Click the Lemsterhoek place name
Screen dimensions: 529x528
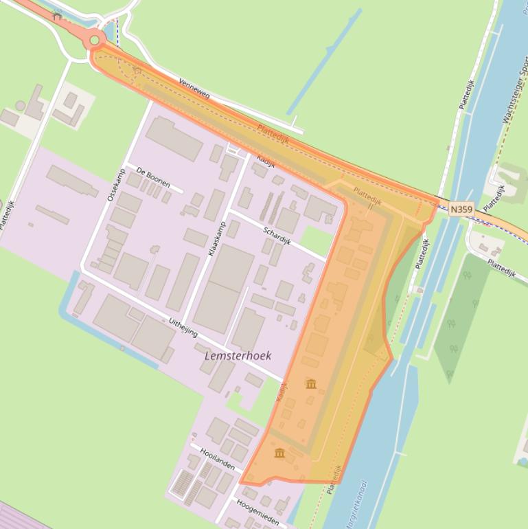238,356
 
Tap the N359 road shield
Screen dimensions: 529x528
461,208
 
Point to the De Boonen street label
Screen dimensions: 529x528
152,175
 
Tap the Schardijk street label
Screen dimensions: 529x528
277,236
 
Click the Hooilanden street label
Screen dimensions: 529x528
217,460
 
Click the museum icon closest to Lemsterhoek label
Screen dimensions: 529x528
311,383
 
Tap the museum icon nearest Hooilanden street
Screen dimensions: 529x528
279,453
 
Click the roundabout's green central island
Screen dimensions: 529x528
94,41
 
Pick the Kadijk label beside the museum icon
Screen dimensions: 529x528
282,392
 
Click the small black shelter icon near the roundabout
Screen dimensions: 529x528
57,15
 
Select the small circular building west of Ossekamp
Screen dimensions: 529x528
21,106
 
